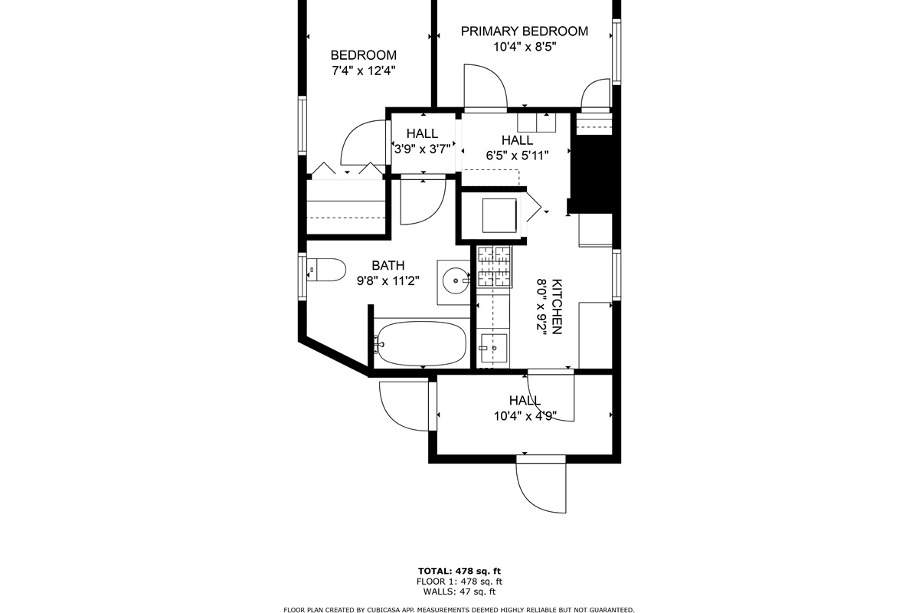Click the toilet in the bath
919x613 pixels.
click(326, 270)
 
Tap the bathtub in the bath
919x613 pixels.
click(421, 343)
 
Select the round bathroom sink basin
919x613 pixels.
click(456, 281)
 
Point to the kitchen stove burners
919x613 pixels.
click(495, 266)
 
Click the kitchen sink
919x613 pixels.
click(494, 349)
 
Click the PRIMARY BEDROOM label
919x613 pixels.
click(525, 31)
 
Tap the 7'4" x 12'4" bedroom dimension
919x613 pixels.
click(364, 71)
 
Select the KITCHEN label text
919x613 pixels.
click(556, 306)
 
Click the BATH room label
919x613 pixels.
click(388, 265)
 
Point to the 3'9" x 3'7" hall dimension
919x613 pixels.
click(423, 149)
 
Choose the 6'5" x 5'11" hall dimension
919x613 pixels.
click(518, 156)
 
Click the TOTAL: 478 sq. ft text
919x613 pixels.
click(459, 571)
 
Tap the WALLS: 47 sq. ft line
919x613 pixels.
click(459, 592)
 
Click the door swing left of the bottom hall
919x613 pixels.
click(404, 406)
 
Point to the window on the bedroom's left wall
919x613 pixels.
click(302, 126)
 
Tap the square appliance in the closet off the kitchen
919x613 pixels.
click(499, 215)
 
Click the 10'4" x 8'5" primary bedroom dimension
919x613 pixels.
click(525, 47)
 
